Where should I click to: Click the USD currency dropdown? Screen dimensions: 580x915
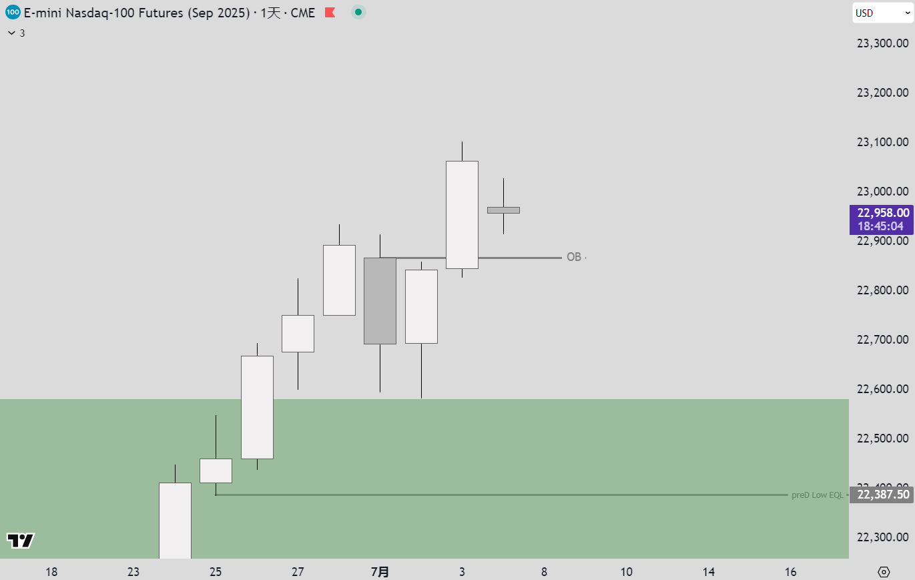[x=882, y=13]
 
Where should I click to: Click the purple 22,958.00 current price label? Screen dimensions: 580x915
[x=882, y=219]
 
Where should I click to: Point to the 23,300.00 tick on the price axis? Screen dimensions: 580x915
[x=882, y=43]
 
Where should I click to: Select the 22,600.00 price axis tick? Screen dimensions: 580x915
[x=882, y=389]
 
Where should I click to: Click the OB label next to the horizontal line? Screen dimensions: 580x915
[x=574, y=257]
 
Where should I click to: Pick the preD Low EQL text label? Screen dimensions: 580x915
[x=817, y=495]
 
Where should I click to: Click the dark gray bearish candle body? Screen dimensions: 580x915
[x=380, y=300]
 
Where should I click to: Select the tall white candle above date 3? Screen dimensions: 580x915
[x=462, y=214]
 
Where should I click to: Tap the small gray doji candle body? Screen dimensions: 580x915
[x=503, y=210]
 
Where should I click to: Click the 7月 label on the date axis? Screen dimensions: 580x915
[x=380, y=571]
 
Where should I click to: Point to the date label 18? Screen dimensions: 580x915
[x=51, y=571]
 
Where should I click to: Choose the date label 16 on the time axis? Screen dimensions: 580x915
[x=790, y=571]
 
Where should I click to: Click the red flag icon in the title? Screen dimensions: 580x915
[x=330, y=13]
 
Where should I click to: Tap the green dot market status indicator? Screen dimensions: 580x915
[x=358, y=13]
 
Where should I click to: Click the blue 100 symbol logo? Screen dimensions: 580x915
[x=13, y=13]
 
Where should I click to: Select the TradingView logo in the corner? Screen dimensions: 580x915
[x=21, y=541]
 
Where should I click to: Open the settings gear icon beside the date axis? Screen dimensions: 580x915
[x=884, y=572]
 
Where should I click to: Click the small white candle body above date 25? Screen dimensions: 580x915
[x=216, y=471]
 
